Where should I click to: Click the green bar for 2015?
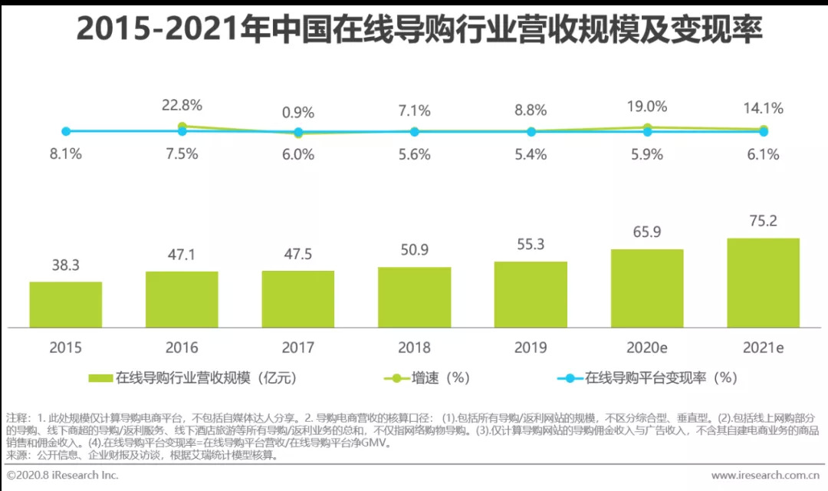click(x=66, y=305)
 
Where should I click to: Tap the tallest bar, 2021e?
click(x=763, y=282)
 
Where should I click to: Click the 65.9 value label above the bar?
click(x=646, y=231)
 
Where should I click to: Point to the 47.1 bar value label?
click(x=182, y=253)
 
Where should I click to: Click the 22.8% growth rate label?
click(x=182, y=105)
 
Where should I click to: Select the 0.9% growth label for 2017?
click(x=298, y=112)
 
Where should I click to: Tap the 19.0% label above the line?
click(x=647, y=107)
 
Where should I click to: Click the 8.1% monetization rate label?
click(x=65, y=153)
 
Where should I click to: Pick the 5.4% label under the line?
click(x=531, y=153)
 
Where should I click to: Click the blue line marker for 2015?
click(x=66, y=132)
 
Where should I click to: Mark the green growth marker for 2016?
click(x=182, y=127)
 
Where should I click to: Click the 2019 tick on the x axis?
click(x=531, y=348)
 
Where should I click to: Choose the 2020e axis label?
click(x=646, y=348)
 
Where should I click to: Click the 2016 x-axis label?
click(x=182, y=348)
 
